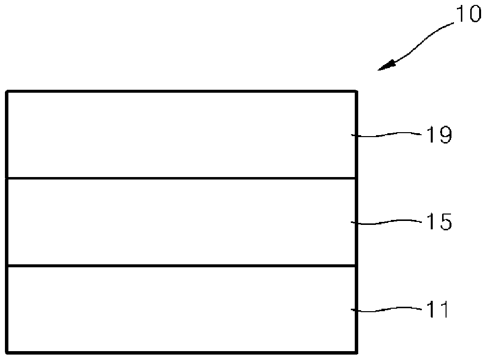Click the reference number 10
469,14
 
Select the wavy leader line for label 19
386,134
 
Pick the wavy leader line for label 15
386,221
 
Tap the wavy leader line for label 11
386,309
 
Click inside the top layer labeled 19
182,135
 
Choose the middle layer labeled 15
182,222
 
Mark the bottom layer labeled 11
182,309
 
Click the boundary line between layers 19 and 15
182,178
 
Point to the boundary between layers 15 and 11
182,266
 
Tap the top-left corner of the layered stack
7,91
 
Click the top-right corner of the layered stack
356,91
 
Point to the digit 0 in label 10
475,14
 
